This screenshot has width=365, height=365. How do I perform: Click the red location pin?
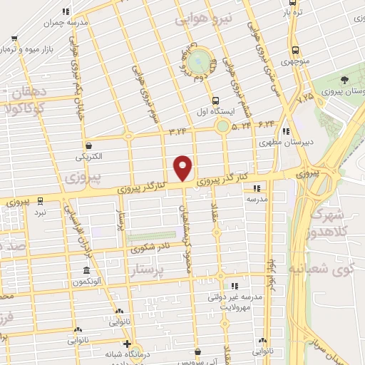tap(183, 168)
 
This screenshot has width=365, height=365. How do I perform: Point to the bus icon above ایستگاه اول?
tap(215, 100)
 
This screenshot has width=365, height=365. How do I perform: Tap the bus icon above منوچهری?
tap(295, 50)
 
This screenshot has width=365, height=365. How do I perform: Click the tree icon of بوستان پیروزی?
tap(345, 79)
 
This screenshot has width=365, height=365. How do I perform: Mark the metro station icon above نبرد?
tap(40, 200)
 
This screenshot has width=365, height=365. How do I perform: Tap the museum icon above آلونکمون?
tap(86, 271)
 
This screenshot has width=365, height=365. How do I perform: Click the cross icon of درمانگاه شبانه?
tap(126, 344)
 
